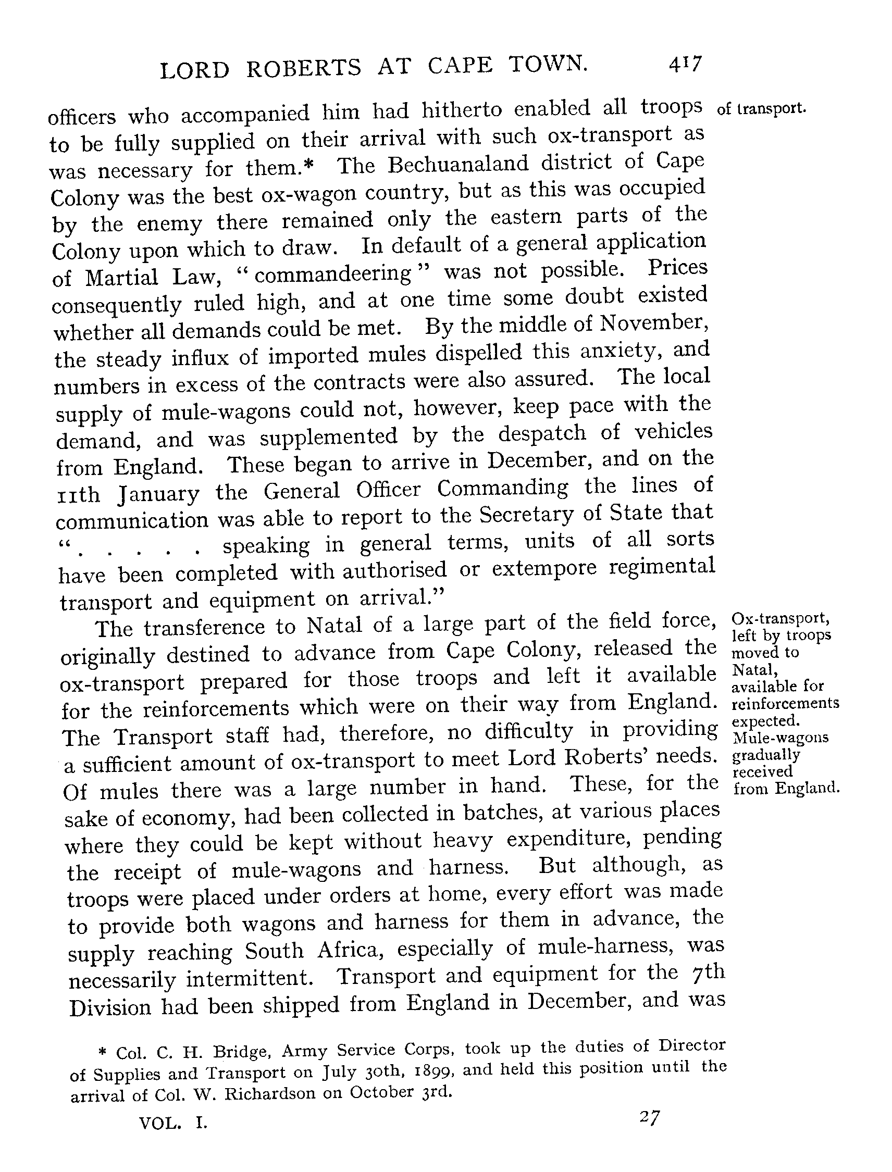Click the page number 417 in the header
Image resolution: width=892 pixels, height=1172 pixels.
pos(686,65)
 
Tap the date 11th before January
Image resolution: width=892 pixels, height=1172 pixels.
pos(78,495)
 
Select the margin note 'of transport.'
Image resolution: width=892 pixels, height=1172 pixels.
pos(761,109)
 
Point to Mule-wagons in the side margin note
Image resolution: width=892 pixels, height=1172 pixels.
pos(780,738)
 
